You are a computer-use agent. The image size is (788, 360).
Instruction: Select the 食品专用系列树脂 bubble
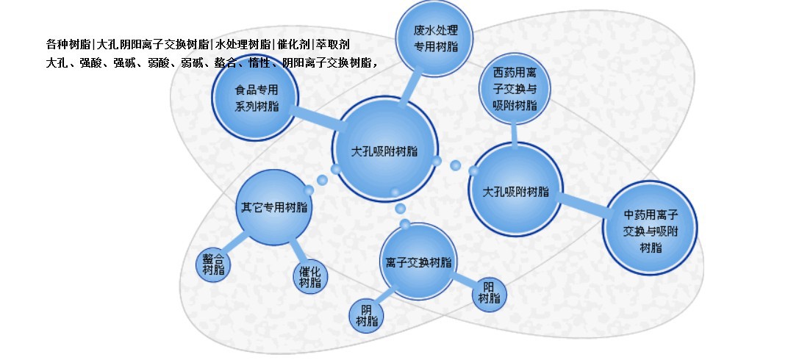(x=257, y=98)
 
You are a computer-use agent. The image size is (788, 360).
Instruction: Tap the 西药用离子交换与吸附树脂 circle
(x=515, y=90)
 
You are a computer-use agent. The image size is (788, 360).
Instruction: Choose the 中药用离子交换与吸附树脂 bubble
(x=650, y=228)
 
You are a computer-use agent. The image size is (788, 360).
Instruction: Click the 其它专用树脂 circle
(x=274, y=207)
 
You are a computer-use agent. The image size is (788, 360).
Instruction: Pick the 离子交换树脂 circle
(x=418, y=262)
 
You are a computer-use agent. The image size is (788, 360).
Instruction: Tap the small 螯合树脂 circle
(x=213, y=265)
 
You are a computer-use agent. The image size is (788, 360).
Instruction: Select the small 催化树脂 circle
(x=310, y=277)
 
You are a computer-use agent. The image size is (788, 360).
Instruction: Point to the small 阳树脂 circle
(x=489, y=292)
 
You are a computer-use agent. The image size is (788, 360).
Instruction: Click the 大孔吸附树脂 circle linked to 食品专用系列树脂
(x=384, y=151)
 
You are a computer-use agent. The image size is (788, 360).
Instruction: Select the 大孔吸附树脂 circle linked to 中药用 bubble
(x=515, y=191)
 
